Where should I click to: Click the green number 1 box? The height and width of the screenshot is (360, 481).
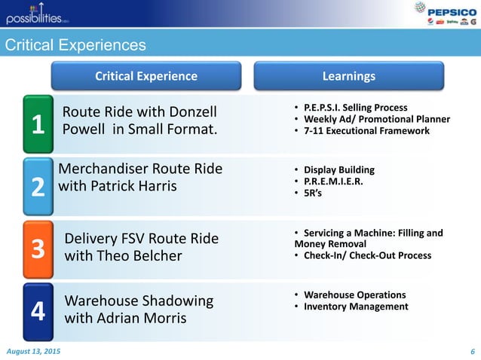pos(37,124)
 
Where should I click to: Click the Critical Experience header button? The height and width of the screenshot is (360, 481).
pos(146,76)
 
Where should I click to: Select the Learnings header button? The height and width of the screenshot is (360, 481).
pos(348,76)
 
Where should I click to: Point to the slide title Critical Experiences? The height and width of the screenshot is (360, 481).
pos(75,46)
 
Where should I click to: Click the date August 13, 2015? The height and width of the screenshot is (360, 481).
pos(35,352)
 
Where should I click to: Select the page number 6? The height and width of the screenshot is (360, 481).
pos(472,352)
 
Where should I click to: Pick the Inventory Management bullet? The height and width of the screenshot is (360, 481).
pos(355,307)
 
